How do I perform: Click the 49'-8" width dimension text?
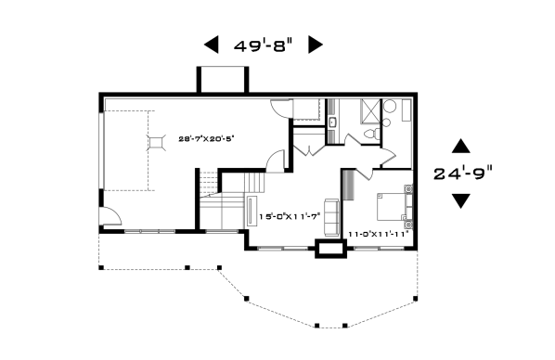264,45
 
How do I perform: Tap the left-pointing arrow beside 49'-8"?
212,45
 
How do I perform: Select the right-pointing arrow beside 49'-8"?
316,45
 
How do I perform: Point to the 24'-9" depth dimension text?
463,174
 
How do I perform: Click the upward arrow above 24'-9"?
461,146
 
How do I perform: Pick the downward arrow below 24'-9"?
461,201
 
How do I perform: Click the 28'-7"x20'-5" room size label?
207,139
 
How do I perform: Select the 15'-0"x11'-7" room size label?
290,216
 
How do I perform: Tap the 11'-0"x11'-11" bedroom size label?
379,234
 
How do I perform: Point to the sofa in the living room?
331,218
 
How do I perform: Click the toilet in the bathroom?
373,134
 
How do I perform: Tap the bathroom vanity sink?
332,122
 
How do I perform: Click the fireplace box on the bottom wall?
330,248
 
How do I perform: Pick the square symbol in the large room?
155,143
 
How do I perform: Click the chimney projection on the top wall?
223,80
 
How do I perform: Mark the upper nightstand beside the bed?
408,189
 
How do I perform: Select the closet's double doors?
309,151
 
